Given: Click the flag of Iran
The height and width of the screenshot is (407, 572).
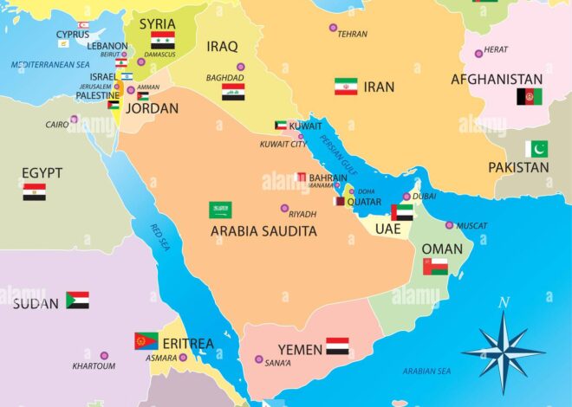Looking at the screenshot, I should click(346, 87).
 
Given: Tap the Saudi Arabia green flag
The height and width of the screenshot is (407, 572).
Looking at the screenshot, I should click(220, 210).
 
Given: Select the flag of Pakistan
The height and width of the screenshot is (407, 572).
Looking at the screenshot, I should click(536, 149).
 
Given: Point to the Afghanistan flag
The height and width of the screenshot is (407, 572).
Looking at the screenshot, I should click(530, 97).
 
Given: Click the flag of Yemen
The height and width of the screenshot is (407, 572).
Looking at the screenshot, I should click(337, 346).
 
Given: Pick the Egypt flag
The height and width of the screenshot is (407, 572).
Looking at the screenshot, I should click(35, 191).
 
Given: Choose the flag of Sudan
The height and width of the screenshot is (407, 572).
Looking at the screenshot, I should click(77, 300).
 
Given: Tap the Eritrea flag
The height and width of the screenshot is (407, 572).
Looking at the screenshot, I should click(146, 341).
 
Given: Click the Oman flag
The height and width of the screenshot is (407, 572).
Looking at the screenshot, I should click(435, 266).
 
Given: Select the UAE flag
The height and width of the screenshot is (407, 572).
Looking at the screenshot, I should click(402, 212).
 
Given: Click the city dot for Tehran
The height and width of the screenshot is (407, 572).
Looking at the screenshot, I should click(333, 28).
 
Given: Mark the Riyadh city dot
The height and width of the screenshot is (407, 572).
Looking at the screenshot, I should click(284, 208).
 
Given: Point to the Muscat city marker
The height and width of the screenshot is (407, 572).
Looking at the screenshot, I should click(449, 225).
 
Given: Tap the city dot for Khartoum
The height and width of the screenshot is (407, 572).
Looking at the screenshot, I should click(104, 355).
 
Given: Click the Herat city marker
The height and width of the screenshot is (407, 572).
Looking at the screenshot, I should click(478, 54).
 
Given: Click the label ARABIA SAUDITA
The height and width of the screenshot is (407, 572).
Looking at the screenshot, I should click(263, 231).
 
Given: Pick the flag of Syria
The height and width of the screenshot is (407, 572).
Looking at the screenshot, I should click(162, 40).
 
